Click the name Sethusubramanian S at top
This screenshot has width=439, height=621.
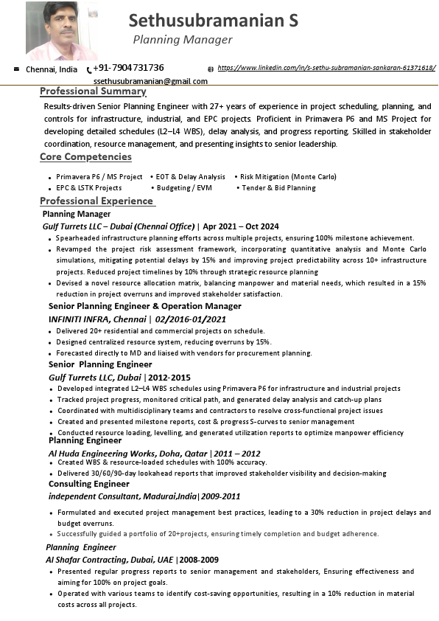click(213, 21)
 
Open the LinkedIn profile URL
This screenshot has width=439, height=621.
click(326, 68)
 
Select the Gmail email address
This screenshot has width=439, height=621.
click(151, 81)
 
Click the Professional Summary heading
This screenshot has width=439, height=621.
click(93, 91)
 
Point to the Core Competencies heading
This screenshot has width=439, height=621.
click(85, 156)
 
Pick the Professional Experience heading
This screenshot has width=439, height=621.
click(96, 201)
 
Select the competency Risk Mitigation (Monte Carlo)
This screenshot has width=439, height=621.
click(287, 177)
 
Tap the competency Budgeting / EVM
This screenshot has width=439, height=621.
click(184, 188)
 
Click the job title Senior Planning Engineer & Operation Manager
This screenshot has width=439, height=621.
click(144, 306)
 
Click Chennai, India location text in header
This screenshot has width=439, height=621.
click(52, 69)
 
